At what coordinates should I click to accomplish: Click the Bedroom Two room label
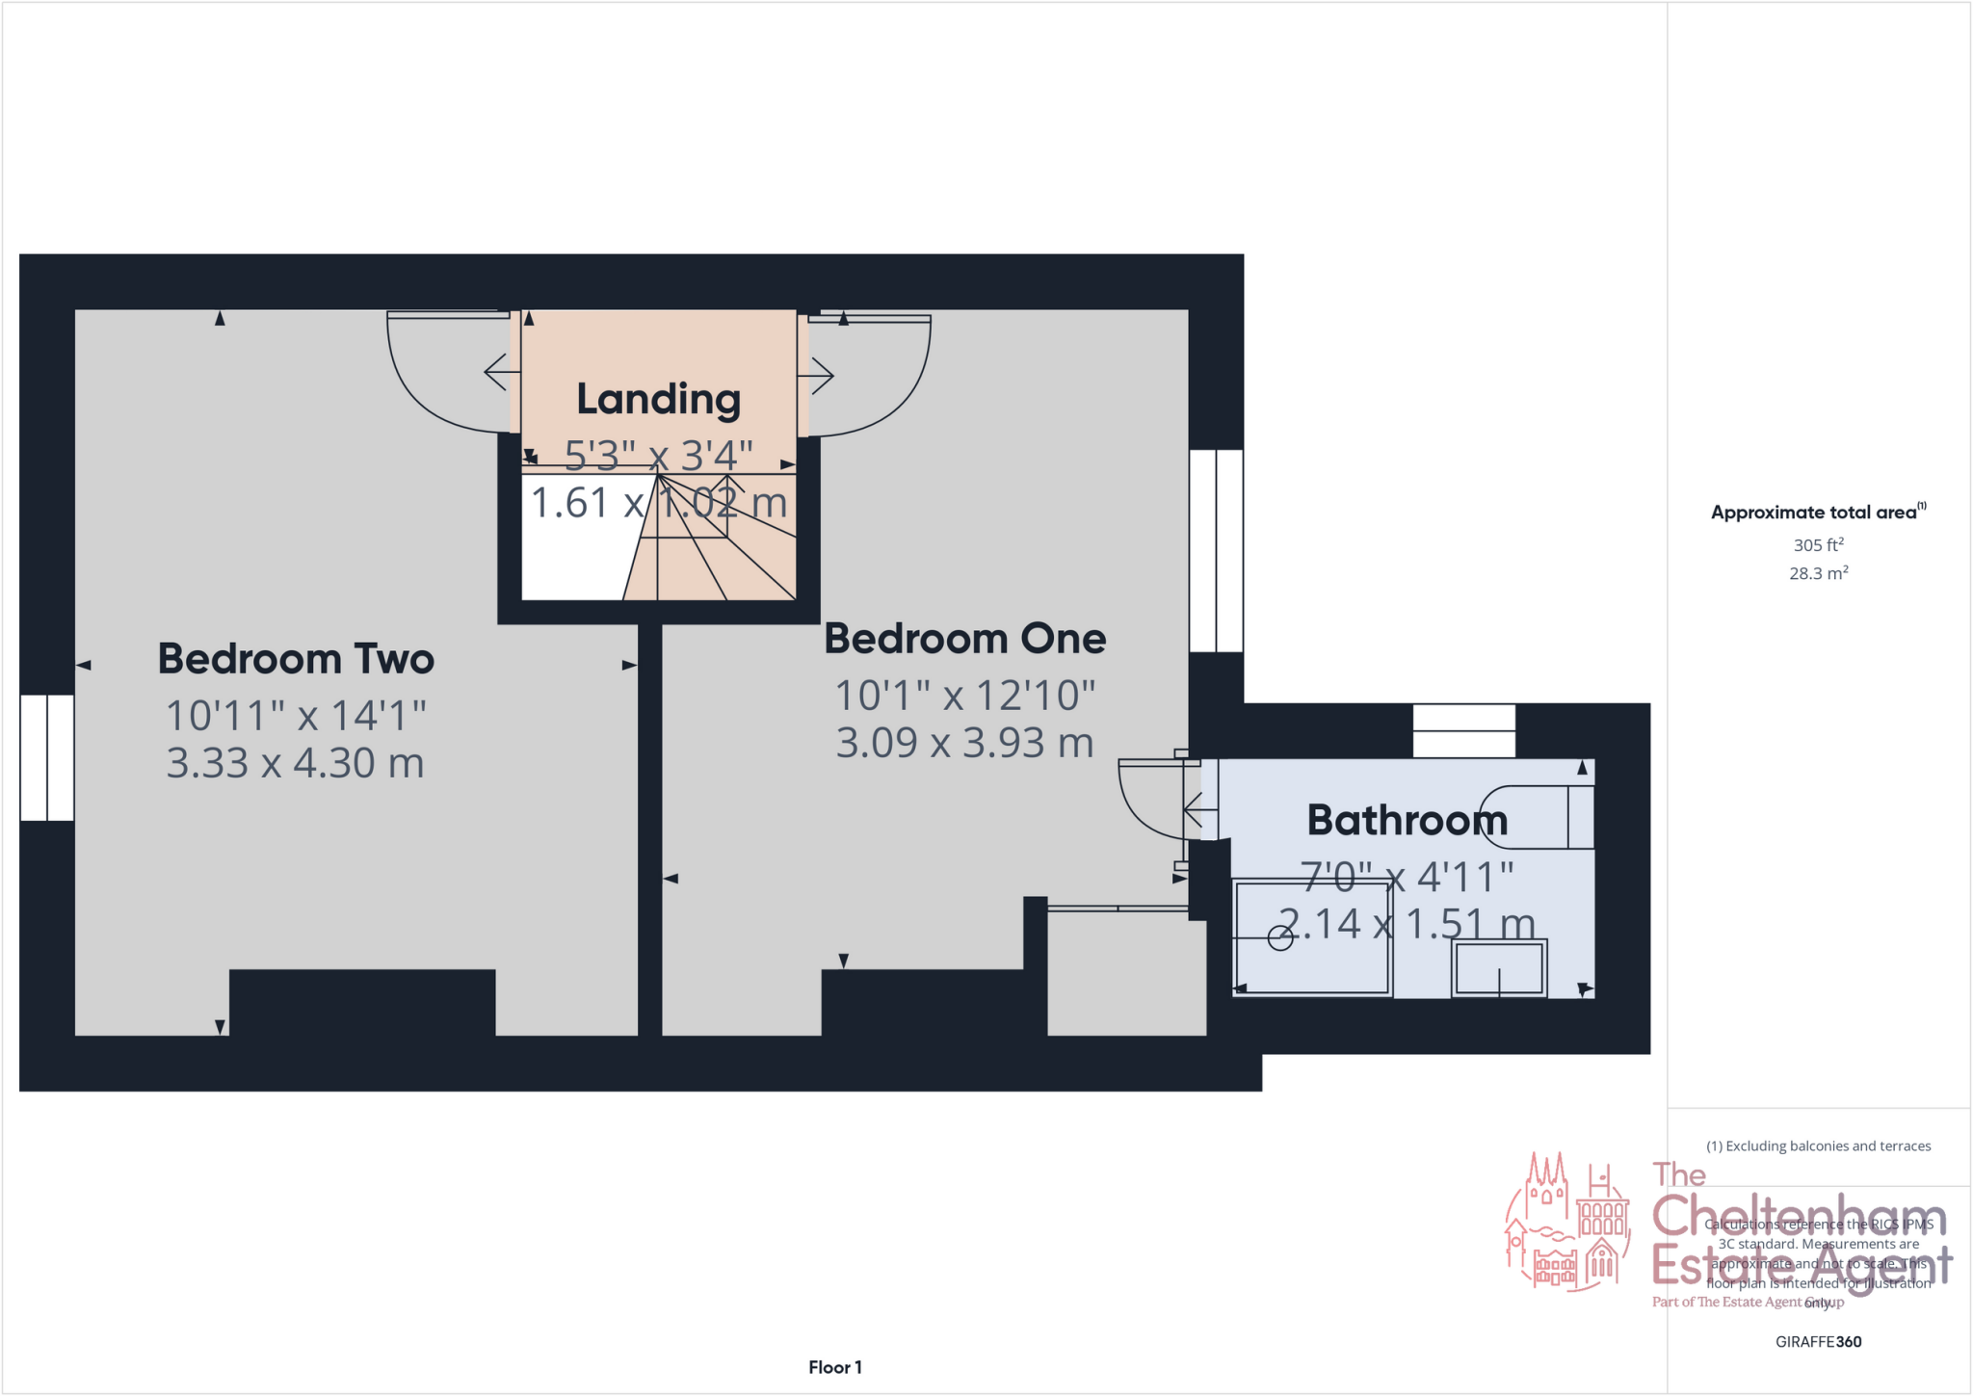pyautogui.click(x=296, y=659)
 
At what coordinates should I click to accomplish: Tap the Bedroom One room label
pyautogui.click(x=964, y=639)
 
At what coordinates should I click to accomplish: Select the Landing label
pyautogui.click(x=658, y=399)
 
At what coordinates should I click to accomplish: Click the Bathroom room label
pyautogui.click(x=1407, y=821)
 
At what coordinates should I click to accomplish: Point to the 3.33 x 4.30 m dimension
pyautogui.click(x=295, y=763)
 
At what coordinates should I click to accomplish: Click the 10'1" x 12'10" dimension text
pyautogui.click(x=964, y=696)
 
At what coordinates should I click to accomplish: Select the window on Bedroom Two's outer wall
pyautogui.click(x=47, y=757)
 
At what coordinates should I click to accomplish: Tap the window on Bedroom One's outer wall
pyautogui.click(x=1216, y=551)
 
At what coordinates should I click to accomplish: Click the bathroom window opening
pyautogui.click(x=1463, y=730)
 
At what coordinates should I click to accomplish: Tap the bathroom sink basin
pyautogui.click(x=1499, y=968)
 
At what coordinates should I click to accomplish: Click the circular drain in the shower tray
pyautogui.click(x=1280, y=937)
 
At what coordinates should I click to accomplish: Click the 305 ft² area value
pyautogui.click(x=1818, y=545)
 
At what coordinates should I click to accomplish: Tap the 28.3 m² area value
pyautogui.click(x=1818, y=573)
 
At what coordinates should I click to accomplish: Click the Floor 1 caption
pyautogui.click(x=834, y=1367)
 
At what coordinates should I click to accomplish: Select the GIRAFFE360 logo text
pyautogui.click(x=1818, y=1341)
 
